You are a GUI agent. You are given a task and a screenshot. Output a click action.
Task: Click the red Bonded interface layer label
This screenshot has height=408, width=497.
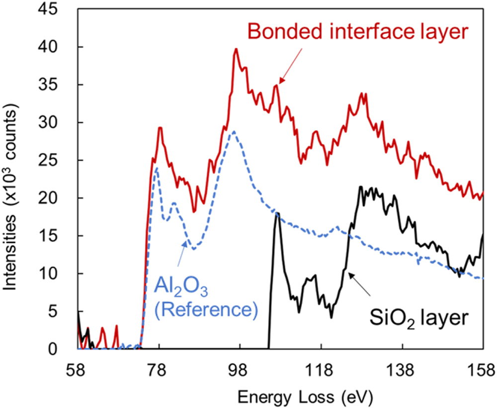pyautogui.click(x=358, y=33)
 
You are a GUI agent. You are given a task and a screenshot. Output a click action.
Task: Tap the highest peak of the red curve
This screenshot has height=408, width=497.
pyautogui.click(x=236, y=49)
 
